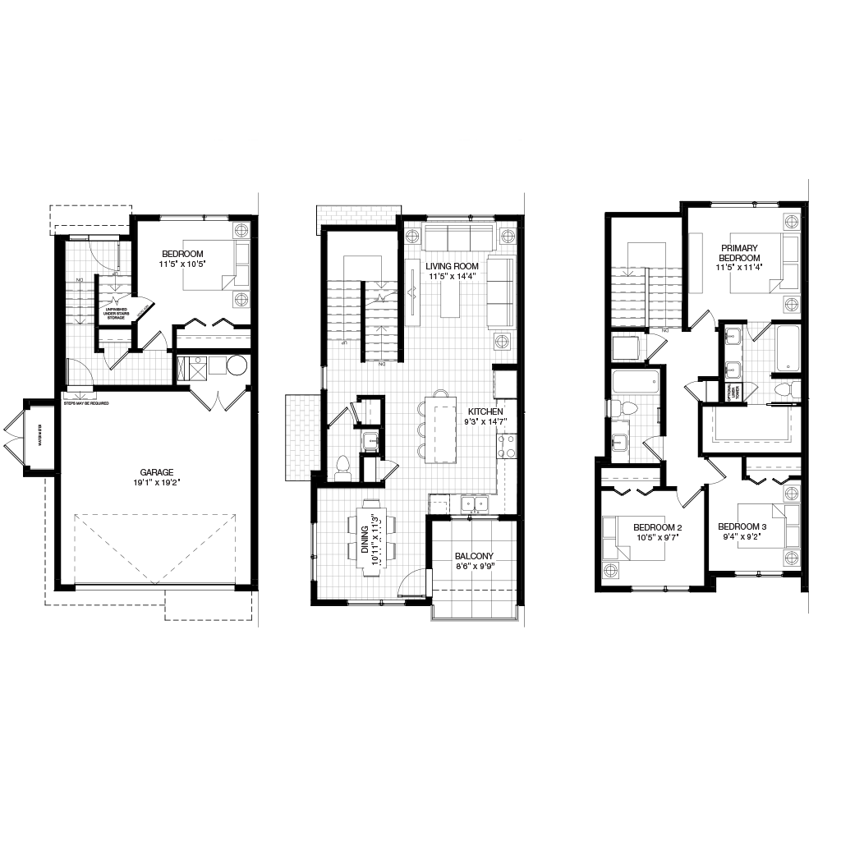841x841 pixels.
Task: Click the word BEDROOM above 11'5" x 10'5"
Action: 182,255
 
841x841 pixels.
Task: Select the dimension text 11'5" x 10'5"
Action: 182,264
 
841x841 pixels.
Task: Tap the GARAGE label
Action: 156,472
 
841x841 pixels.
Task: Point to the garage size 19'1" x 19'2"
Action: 156,483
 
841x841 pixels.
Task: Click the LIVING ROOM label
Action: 452,266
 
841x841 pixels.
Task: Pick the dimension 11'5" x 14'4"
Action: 452,277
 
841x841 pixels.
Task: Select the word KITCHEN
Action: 485,411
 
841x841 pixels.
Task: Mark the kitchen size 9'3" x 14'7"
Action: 485,421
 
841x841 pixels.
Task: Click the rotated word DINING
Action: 365,540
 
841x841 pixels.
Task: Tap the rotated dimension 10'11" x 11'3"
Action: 376,540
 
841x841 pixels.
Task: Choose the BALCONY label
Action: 474,556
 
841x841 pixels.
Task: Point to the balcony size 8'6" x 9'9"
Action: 474,567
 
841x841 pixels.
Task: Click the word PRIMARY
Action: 739,248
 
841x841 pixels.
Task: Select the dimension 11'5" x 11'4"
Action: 739,268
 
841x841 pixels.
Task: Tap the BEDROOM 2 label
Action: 657,527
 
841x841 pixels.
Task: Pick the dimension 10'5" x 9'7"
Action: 657,538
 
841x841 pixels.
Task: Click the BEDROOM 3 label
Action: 742,526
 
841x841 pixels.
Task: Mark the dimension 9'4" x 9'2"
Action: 742,537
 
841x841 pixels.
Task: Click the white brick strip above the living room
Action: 358,214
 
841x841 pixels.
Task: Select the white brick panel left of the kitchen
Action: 302,437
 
